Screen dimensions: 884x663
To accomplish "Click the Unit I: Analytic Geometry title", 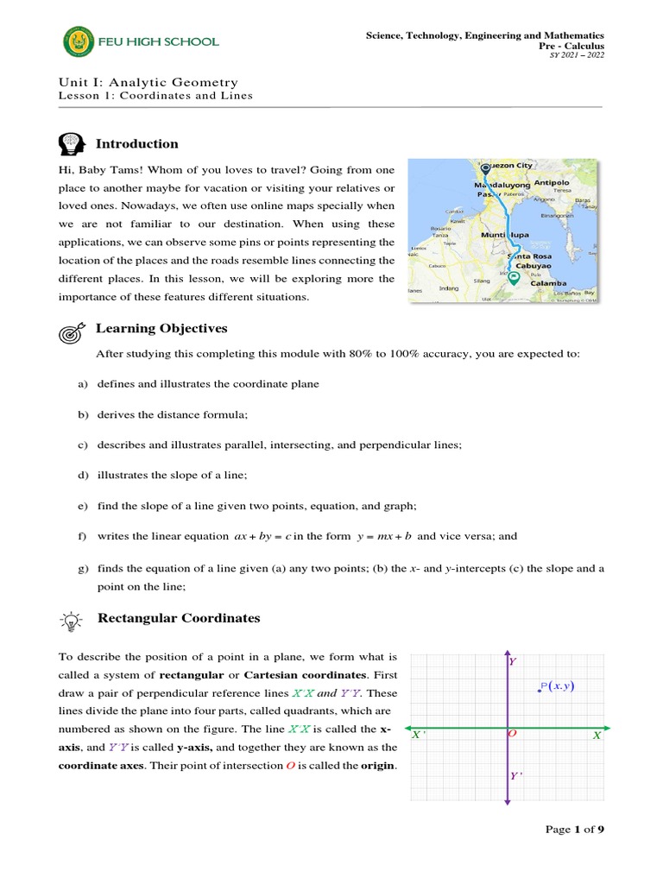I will click(x=148, y=82).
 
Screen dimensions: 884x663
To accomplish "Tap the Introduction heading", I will click(x=136, y=144).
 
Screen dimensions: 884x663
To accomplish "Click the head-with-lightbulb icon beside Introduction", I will click(x=71, y=143).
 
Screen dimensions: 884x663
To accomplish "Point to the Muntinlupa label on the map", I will click(x=504, y=234).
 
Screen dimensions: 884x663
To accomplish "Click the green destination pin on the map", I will click(x=513, y=279).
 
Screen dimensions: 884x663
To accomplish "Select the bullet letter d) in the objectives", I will click(x=83, y=475).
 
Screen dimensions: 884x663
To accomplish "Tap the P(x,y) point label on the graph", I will click(x=557, y=686).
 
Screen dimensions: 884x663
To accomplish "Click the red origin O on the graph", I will click(x=512, y=734).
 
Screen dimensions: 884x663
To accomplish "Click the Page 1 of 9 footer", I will click(x=575, y=830).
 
